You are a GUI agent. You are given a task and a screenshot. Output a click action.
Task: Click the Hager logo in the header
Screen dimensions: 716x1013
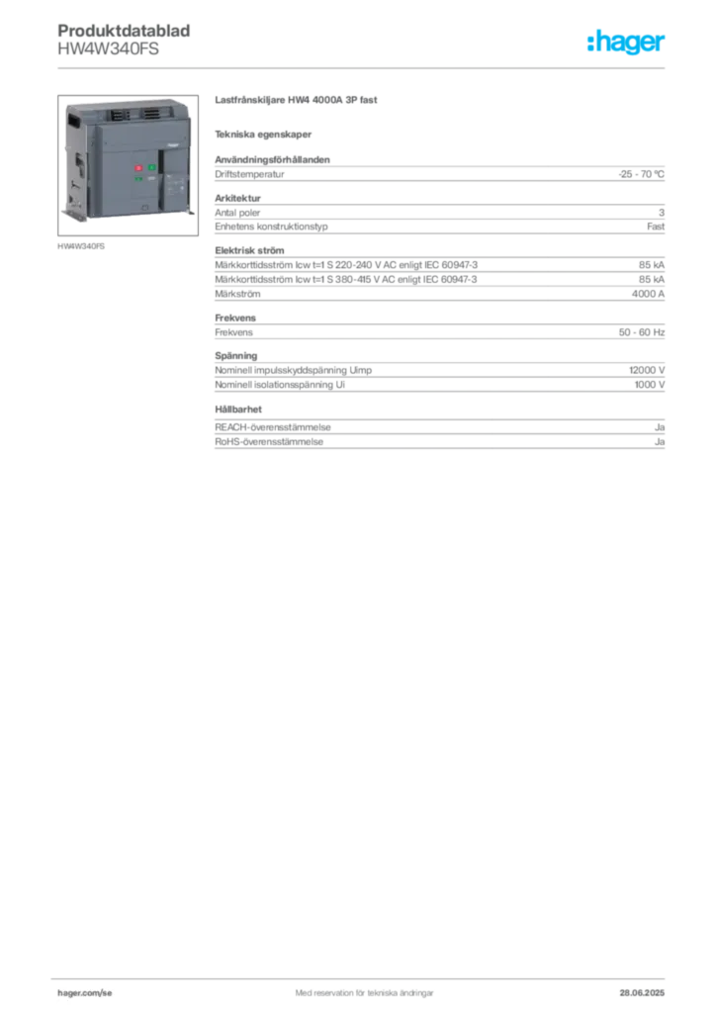click(x=626, y=42)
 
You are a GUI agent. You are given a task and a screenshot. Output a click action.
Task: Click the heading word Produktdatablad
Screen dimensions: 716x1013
click(x=124, y=31)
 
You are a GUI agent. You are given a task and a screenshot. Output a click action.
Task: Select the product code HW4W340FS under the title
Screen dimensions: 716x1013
click(x=108, y=49)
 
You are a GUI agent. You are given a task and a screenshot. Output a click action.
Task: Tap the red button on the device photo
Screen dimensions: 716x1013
click(x=138, y=168)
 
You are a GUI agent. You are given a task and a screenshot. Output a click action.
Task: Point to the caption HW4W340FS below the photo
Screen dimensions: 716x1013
click(x=81, y=246)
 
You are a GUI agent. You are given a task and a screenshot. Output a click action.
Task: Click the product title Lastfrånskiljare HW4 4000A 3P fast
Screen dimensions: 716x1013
click(x=296, y=100)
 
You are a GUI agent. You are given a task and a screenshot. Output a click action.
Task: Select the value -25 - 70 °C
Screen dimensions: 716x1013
click(x=641, y=174)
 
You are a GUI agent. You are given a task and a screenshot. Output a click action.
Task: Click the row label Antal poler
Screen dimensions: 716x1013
click(x=237, y=213)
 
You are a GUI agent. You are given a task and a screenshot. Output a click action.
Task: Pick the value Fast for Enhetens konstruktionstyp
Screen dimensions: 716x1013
click(x=656, y=227)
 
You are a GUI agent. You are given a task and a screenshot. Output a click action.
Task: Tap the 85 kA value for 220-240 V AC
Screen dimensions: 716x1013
click(x=652, y=265)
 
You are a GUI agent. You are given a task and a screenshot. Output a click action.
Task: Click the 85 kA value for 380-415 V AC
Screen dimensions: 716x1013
click(x=652, y=279)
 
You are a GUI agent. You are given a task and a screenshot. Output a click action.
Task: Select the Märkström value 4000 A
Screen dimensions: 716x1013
click(x=648, y=294)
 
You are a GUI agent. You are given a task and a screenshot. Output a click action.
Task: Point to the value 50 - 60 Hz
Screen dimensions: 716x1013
click(x=642, y=332)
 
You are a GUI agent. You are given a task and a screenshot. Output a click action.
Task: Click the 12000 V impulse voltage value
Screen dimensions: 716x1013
click(x=647, y=370)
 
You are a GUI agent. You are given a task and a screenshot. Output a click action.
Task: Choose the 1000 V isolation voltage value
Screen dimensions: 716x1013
click(x=650, y=385)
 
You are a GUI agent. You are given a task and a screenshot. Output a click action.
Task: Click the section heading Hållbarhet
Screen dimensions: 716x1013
click(x=238, y=409)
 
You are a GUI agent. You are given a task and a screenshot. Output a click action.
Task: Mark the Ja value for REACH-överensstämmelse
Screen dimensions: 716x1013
click(x=660, y=427)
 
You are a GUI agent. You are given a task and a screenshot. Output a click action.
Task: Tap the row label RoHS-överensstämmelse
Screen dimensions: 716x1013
click(x=269, y=442)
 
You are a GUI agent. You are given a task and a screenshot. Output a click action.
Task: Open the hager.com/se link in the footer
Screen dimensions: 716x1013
click(x=85, y=993)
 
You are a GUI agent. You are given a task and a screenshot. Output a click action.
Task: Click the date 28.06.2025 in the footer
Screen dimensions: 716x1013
click(x=642, y=993)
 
